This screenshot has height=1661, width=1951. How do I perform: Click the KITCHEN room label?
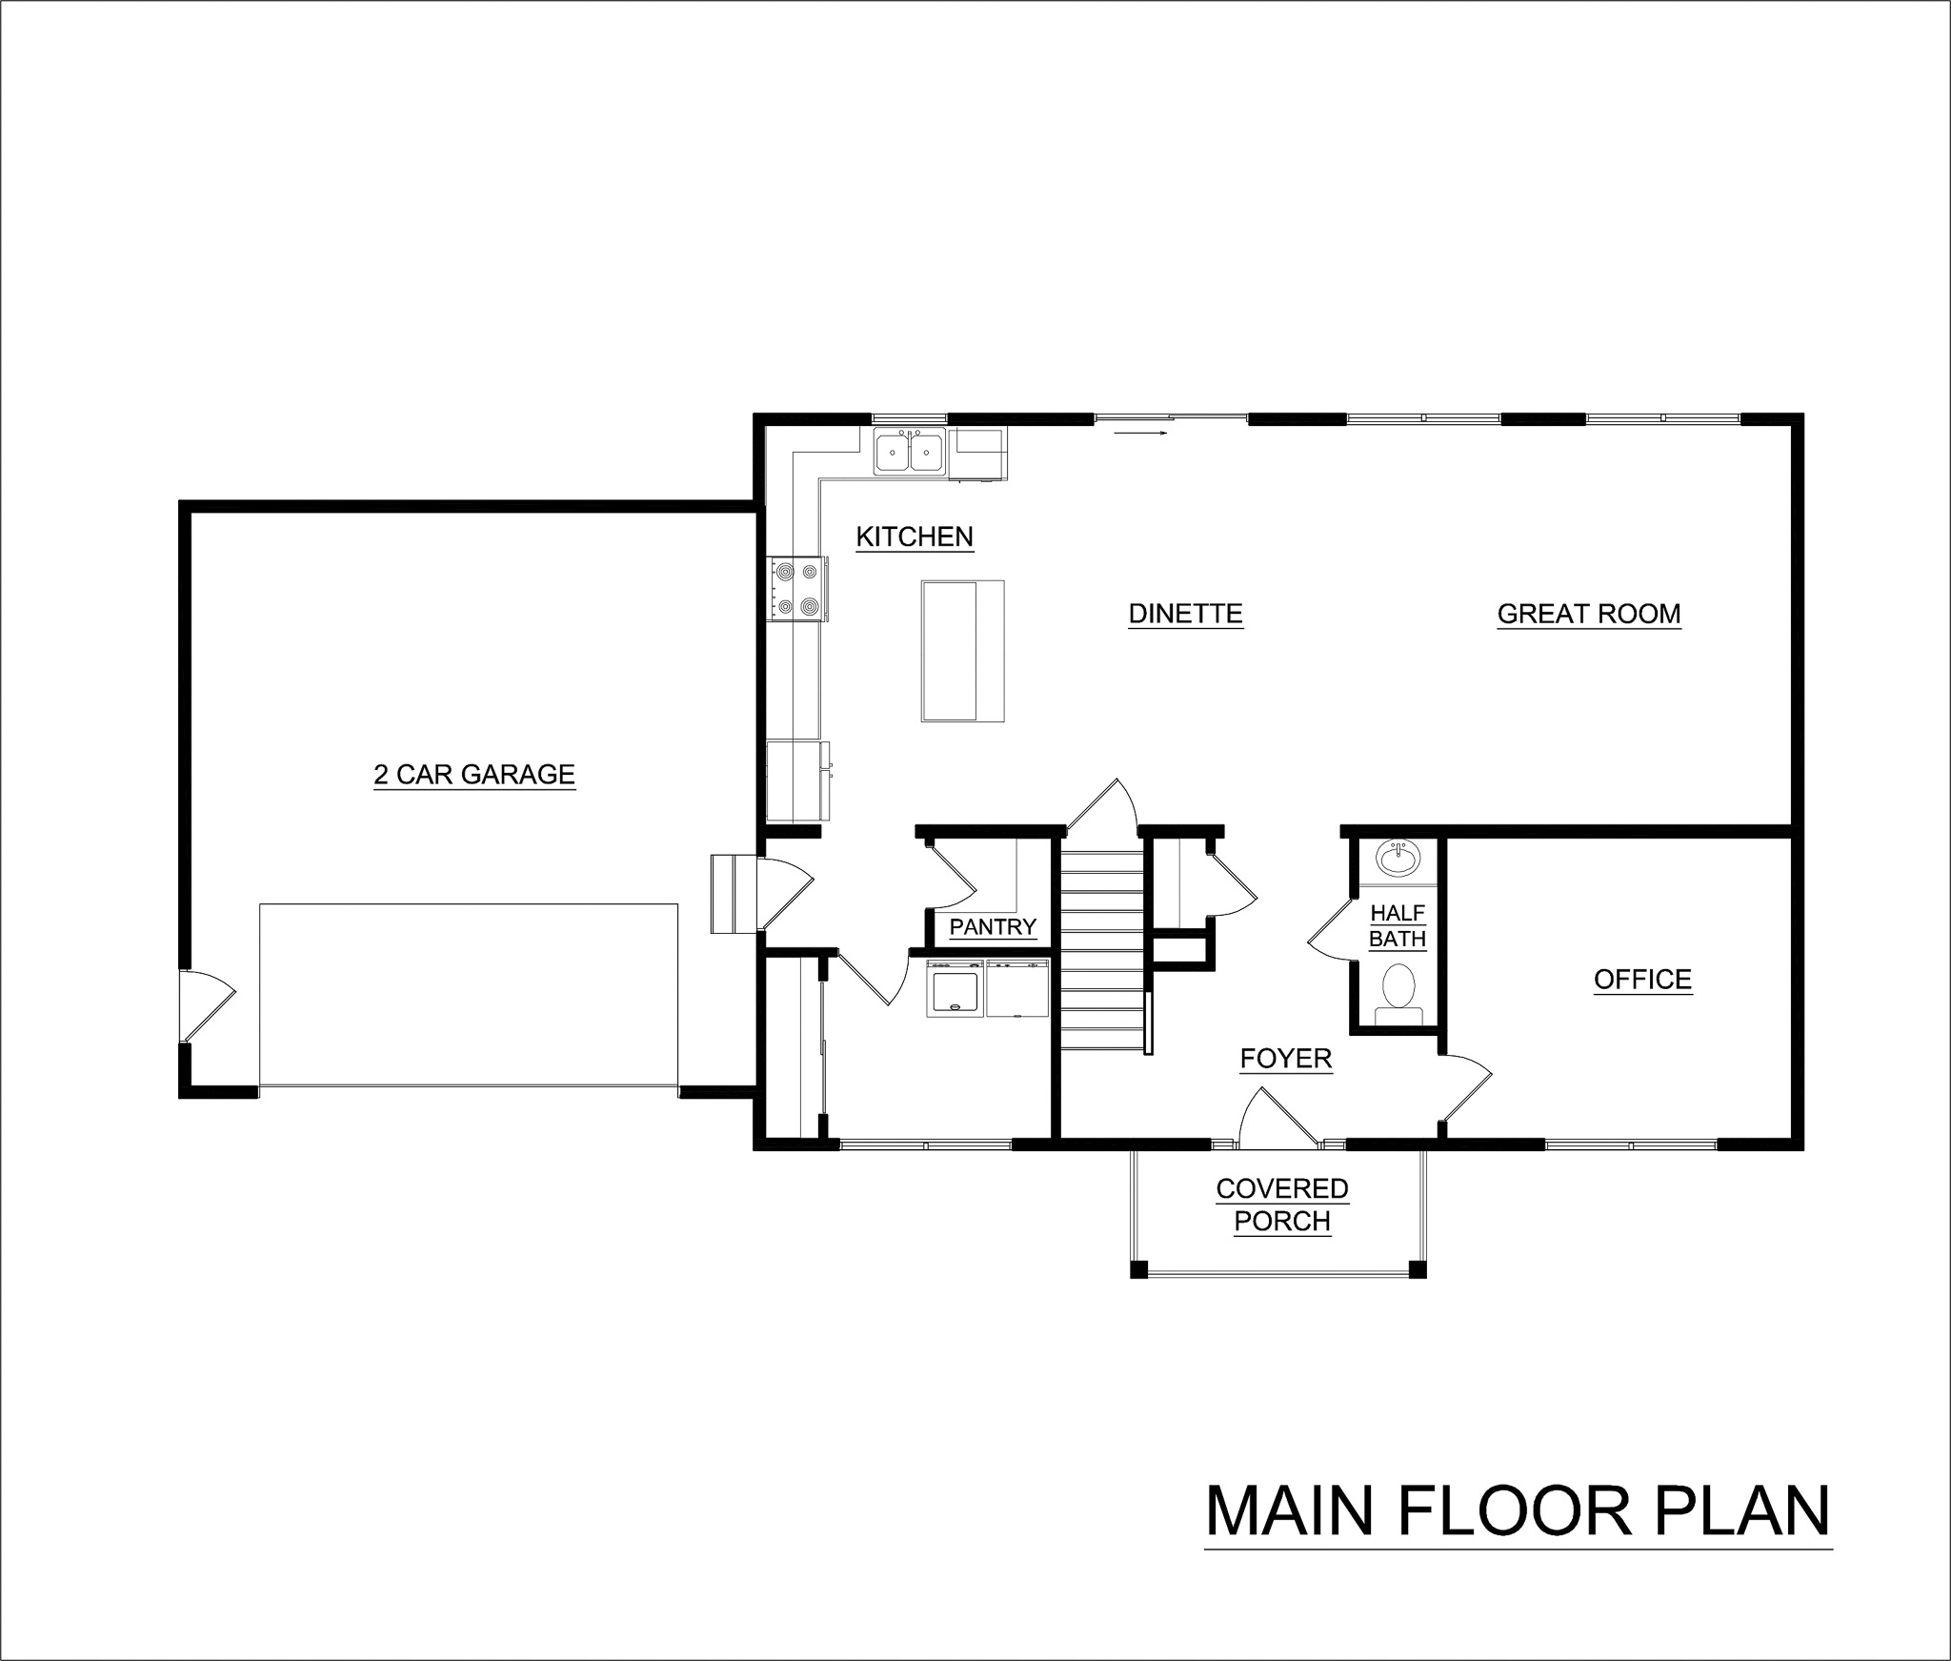point(915,537)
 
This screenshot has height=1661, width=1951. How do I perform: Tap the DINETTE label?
point(1185,613)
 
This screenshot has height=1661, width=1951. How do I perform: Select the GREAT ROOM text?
point(1588,613)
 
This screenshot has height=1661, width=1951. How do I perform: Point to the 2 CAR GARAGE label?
point(474,774)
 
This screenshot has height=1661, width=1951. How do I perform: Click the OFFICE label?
point(1642,979)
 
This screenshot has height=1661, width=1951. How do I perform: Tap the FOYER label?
point(1285,1058)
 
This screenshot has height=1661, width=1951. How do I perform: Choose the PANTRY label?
point(993,927)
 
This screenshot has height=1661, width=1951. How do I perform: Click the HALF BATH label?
point(1398,926)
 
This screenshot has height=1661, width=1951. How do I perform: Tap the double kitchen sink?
point(910,452)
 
